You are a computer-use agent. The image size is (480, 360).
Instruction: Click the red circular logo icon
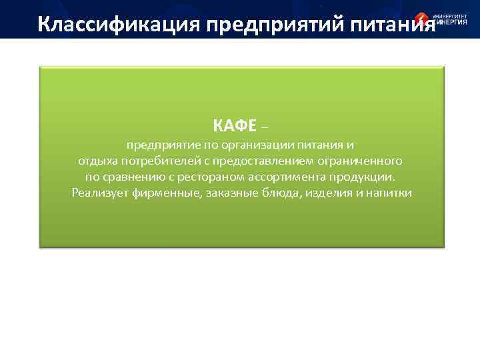coord(422,20)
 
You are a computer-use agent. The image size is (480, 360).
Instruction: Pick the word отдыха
coord(95,161)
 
